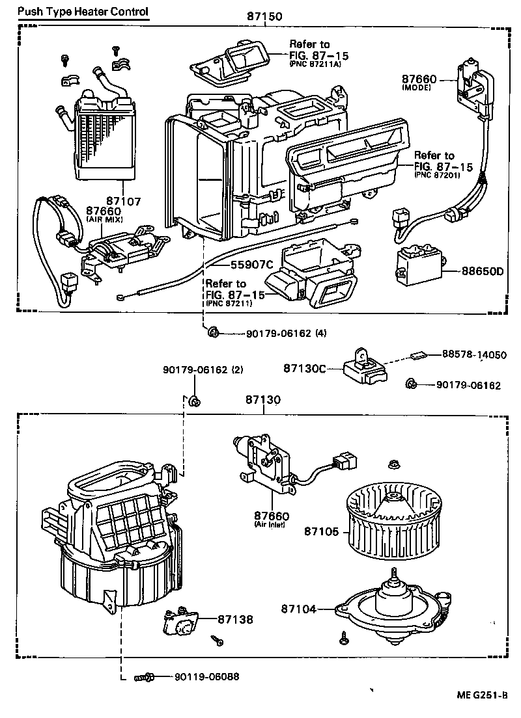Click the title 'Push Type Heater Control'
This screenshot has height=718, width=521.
click(83, 12)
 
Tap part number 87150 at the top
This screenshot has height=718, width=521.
click(264, 17)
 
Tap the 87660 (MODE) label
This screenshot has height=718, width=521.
click(417, 81)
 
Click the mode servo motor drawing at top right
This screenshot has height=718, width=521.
click(475, 85)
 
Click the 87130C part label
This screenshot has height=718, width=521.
click(304, 368)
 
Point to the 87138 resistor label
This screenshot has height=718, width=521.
click(235, 620)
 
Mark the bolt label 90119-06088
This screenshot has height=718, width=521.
click(206, 676)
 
